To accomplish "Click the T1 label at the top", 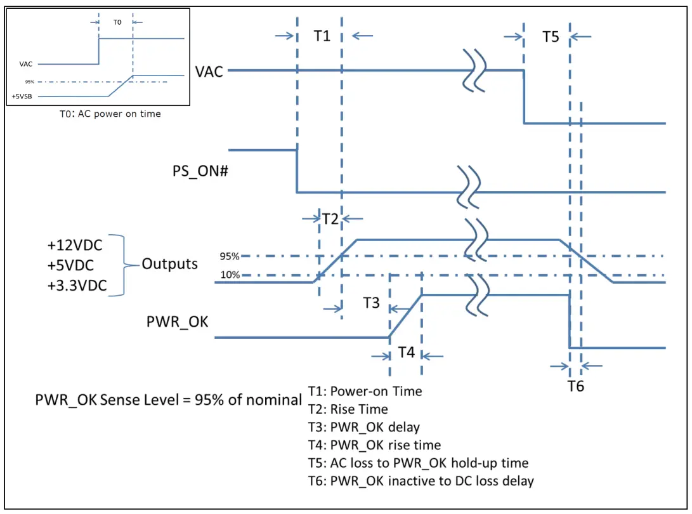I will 322,36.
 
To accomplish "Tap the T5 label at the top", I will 550,36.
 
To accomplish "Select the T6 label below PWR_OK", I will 575,386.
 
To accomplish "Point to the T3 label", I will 371,303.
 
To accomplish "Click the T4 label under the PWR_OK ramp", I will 406,352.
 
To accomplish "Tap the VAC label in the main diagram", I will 209,71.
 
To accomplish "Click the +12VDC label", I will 75,246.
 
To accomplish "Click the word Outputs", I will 169,264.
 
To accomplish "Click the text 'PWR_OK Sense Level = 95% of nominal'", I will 168,400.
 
